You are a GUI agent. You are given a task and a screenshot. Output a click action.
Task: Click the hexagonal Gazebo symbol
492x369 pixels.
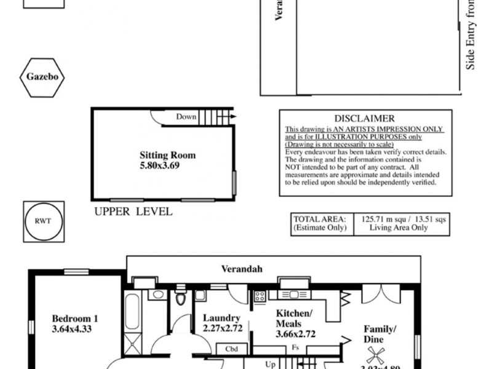(x=42, y=77)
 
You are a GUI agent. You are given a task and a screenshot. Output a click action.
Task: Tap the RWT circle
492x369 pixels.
(x=43, y=221)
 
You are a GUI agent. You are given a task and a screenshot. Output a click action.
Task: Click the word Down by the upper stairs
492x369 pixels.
(x=186, y=117)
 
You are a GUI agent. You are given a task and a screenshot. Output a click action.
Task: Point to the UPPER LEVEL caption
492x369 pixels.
(x=133, y=212)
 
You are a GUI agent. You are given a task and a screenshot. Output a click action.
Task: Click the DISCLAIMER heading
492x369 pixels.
(x=365, y=118)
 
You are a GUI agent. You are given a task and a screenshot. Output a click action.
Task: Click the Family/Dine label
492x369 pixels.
(x=379, y=334)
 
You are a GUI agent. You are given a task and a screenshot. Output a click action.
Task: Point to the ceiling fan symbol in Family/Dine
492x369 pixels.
(x=375, y=355)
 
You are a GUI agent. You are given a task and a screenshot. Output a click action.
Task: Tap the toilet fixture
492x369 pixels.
(x=180, y=298)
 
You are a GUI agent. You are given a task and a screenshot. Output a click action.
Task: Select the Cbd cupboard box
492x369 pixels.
(x=232, y=349)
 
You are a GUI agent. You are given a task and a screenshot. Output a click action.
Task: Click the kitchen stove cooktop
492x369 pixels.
(x=260, y=296)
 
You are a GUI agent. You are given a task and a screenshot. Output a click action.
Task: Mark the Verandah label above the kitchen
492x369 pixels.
(x=242, y=269)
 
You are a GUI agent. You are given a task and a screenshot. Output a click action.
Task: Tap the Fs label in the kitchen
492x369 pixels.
(x=295, y=347)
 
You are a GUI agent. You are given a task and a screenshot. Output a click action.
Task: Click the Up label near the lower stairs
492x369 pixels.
(x=270, y=364)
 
